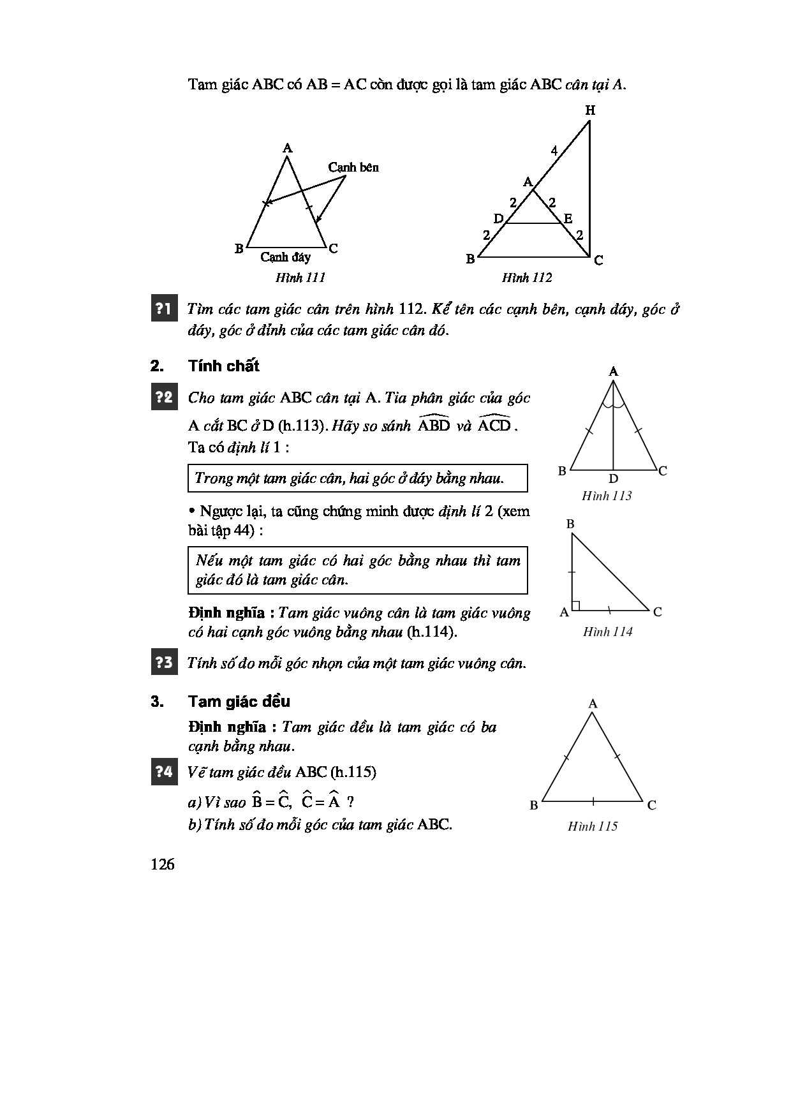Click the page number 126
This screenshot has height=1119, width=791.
[163, 864]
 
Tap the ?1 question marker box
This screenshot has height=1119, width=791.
[163, 309]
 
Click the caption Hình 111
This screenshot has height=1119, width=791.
[300, 278]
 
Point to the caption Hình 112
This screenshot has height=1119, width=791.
[527, 278]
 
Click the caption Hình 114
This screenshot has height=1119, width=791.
[607, 632]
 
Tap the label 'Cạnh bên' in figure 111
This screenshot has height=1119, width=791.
[353, 167]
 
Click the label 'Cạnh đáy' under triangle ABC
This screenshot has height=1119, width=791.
[285, 257]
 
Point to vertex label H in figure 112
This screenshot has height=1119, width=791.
[590, 110]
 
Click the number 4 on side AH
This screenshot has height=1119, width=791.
[554, 151]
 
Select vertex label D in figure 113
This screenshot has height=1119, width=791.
[613, 478]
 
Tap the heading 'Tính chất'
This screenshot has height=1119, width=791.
[224, 366]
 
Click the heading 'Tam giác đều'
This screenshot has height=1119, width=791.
[239, 702]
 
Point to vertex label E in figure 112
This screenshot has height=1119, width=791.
[568, 219]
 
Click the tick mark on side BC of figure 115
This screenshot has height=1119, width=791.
[593, 801]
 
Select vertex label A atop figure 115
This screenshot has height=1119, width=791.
[593, 704]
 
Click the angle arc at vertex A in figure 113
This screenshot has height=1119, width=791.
[613, 403]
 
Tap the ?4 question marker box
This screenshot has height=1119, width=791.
[163, 772]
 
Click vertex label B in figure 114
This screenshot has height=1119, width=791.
[570, 524]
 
